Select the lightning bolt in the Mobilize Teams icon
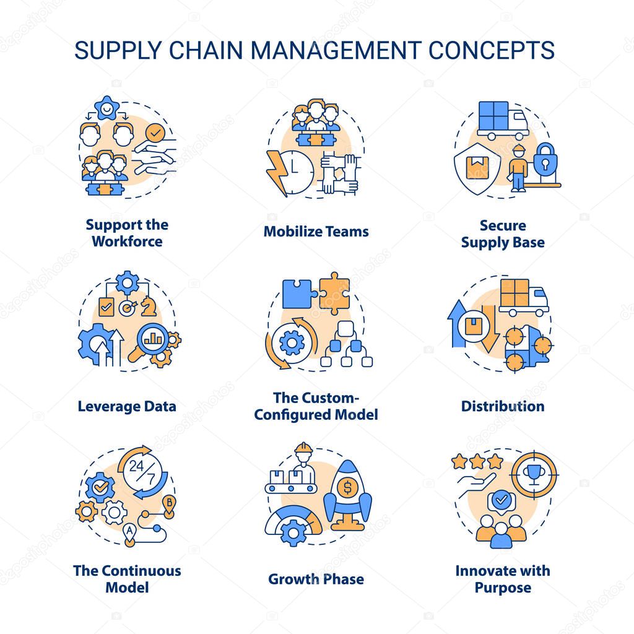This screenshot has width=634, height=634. click(x=276, y=172)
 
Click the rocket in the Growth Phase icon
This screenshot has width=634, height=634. click(x=348, y=495)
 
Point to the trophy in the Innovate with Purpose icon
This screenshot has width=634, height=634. click(x=533, y=474)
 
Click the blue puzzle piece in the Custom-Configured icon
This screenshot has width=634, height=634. click(x=299, y=293)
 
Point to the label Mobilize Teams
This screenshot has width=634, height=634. click(x=316, y=232)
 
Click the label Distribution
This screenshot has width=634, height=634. click(x=503, y=406)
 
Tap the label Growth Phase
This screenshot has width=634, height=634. click(x=316, y=580)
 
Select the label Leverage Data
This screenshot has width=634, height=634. click(x=127, y=406)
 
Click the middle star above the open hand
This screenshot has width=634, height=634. click(x=477, y=461)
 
